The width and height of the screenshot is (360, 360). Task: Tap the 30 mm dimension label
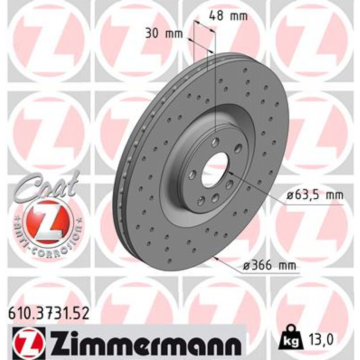[164, 34]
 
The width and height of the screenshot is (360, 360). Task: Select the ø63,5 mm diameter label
[314, 195]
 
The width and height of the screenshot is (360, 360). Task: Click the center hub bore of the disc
[215, 170]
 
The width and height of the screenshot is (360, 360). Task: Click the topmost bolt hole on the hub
[216, 142]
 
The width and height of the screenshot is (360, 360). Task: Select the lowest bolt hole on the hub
[201, 201]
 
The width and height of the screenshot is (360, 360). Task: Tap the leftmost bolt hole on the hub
[192, 175]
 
